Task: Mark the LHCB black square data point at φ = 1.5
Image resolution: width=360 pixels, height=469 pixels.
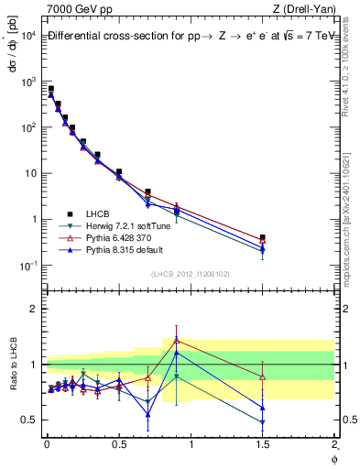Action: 263,237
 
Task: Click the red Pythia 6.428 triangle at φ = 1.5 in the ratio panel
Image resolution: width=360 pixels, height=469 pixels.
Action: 263,376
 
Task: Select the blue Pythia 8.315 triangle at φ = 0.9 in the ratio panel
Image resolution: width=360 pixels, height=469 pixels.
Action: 177,352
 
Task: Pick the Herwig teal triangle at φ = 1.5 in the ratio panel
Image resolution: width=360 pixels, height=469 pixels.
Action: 263,422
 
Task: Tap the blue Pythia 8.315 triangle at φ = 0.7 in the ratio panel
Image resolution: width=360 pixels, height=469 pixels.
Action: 147,414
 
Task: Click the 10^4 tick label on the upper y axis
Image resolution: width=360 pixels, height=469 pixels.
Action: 27,35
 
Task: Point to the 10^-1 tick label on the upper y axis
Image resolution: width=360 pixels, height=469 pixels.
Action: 27,266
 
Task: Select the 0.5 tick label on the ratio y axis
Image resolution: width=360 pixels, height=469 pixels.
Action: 27,420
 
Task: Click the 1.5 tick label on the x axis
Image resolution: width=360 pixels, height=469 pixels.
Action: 263,443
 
